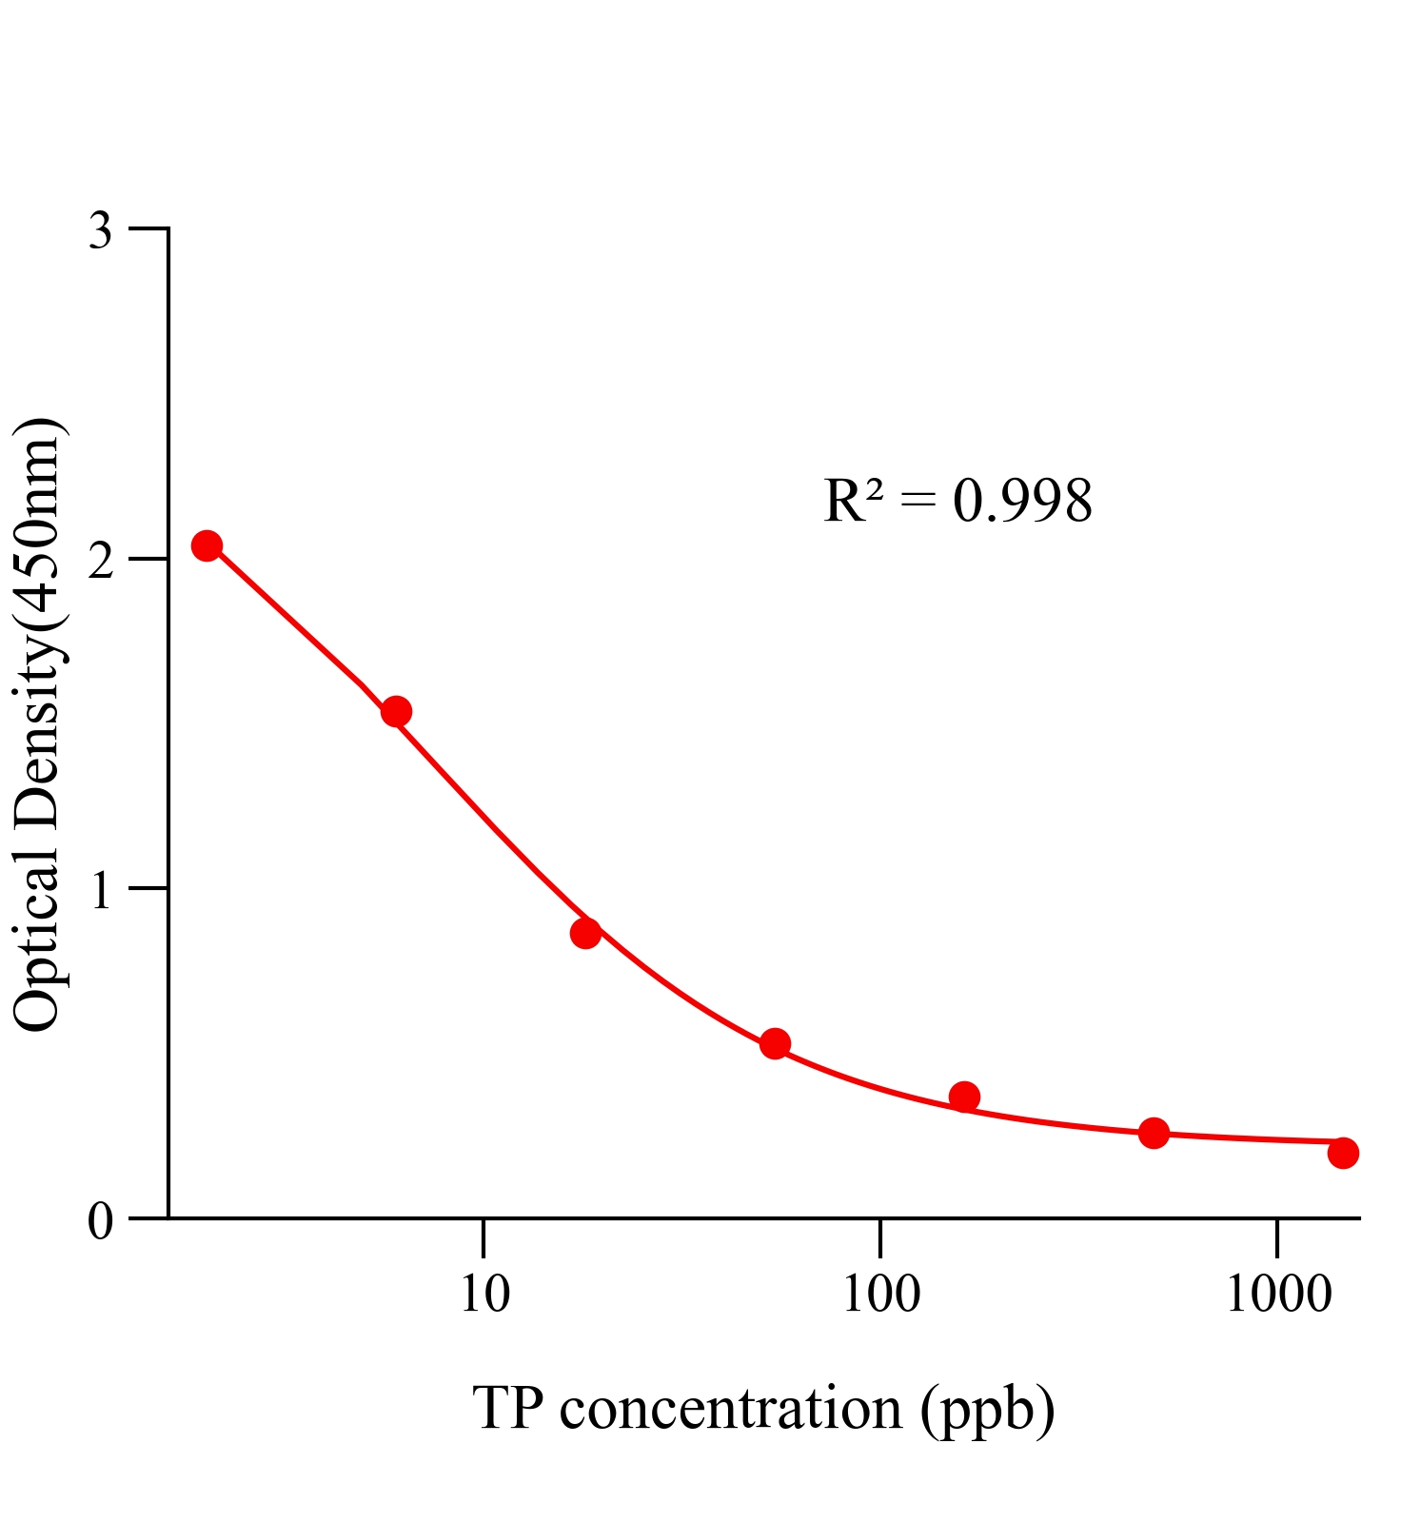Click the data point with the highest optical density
pyautogui.click(x=207, y=545)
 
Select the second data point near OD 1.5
pyautogui.click(x=396, y=711)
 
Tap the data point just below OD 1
pyautogui.click(x=585, y=933)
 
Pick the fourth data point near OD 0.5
pyautogui.click(x=775, y=1043)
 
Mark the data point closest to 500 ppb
pyautogui.click(x=1154, y=1133)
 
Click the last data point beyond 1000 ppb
pyautogui.click(x=1343, y=1153)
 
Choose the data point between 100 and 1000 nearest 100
pyautogui.click(x=964, y=1097)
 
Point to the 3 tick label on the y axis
pyautogui.click(x=101, y=231)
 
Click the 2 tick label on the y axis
pyautogui.click(x=101, y=562)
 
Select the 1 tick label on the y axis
pyautogui.click(x=101, y=891)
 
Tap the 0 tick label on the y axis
pyautogui.click(x=101, y=1221)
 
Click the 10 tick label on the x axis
pyautogui.click(x=484, y=1295)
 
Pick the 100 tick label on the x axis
pyautogui.click(x=880, y=1295)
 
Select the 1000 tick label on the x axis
pyautogui.click(x=1277, y=1295)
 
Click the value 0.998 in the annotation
pyautogui.click(x=1022, y=502)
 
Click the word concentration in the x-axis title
pyautogui.click(x=730, y=1409)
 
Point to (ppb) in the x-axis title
pyautogui.click(x=987, y=1411)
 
